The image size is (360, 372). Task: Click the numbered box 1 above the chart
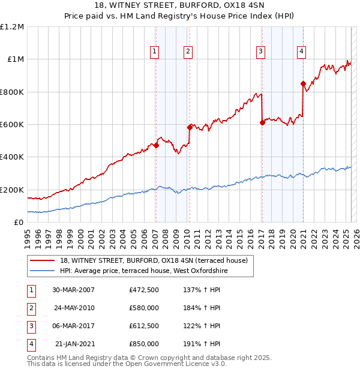pyautogui.click(x=155, y=52)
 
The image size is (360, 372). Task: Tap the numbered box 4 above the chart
pyautogui.click(x=301, y=52)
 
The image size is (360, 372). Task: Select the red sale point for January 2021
pyautogui.click(x=303, y=83)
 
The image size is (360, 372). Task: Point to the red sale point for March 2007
pyautogui.click(x=156, y=145)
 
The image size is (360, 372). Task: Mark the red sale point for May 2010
pyautogui.click(x=190, y=127)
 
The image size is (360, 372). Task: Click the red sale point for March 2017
pyautogui.click(x=262, y=122)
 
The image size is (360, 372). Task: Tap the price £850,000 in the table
pyautogui.click(x=144, y=344)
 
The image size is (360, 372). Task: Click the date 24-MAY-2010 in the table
pyautogui.click(x=74, y=308)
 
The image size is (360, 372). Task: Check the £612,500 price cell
pyautogui.click(x=144, y=326)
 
